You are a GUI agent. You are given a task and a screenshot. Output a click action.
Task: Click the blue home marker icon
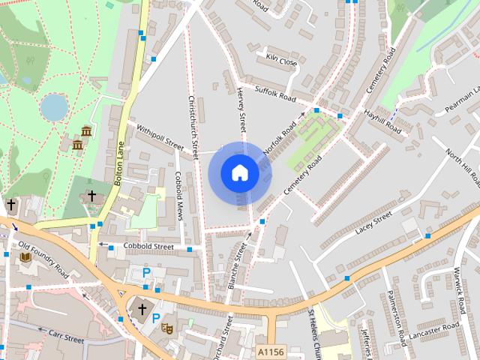(x=239, y=173)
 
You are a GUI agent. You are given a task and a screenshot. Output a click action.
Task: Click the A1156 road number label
(x=271, y=351)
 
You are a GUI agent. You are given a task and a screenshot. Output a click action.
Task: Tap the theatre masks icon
(x=168, y=328)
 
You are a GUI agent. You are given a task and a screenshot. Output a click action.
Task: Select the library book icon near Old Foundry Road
(x=25, y=257)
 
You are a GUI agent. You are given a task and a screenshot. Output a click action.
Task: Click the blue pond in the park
(x=54, y=107)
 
